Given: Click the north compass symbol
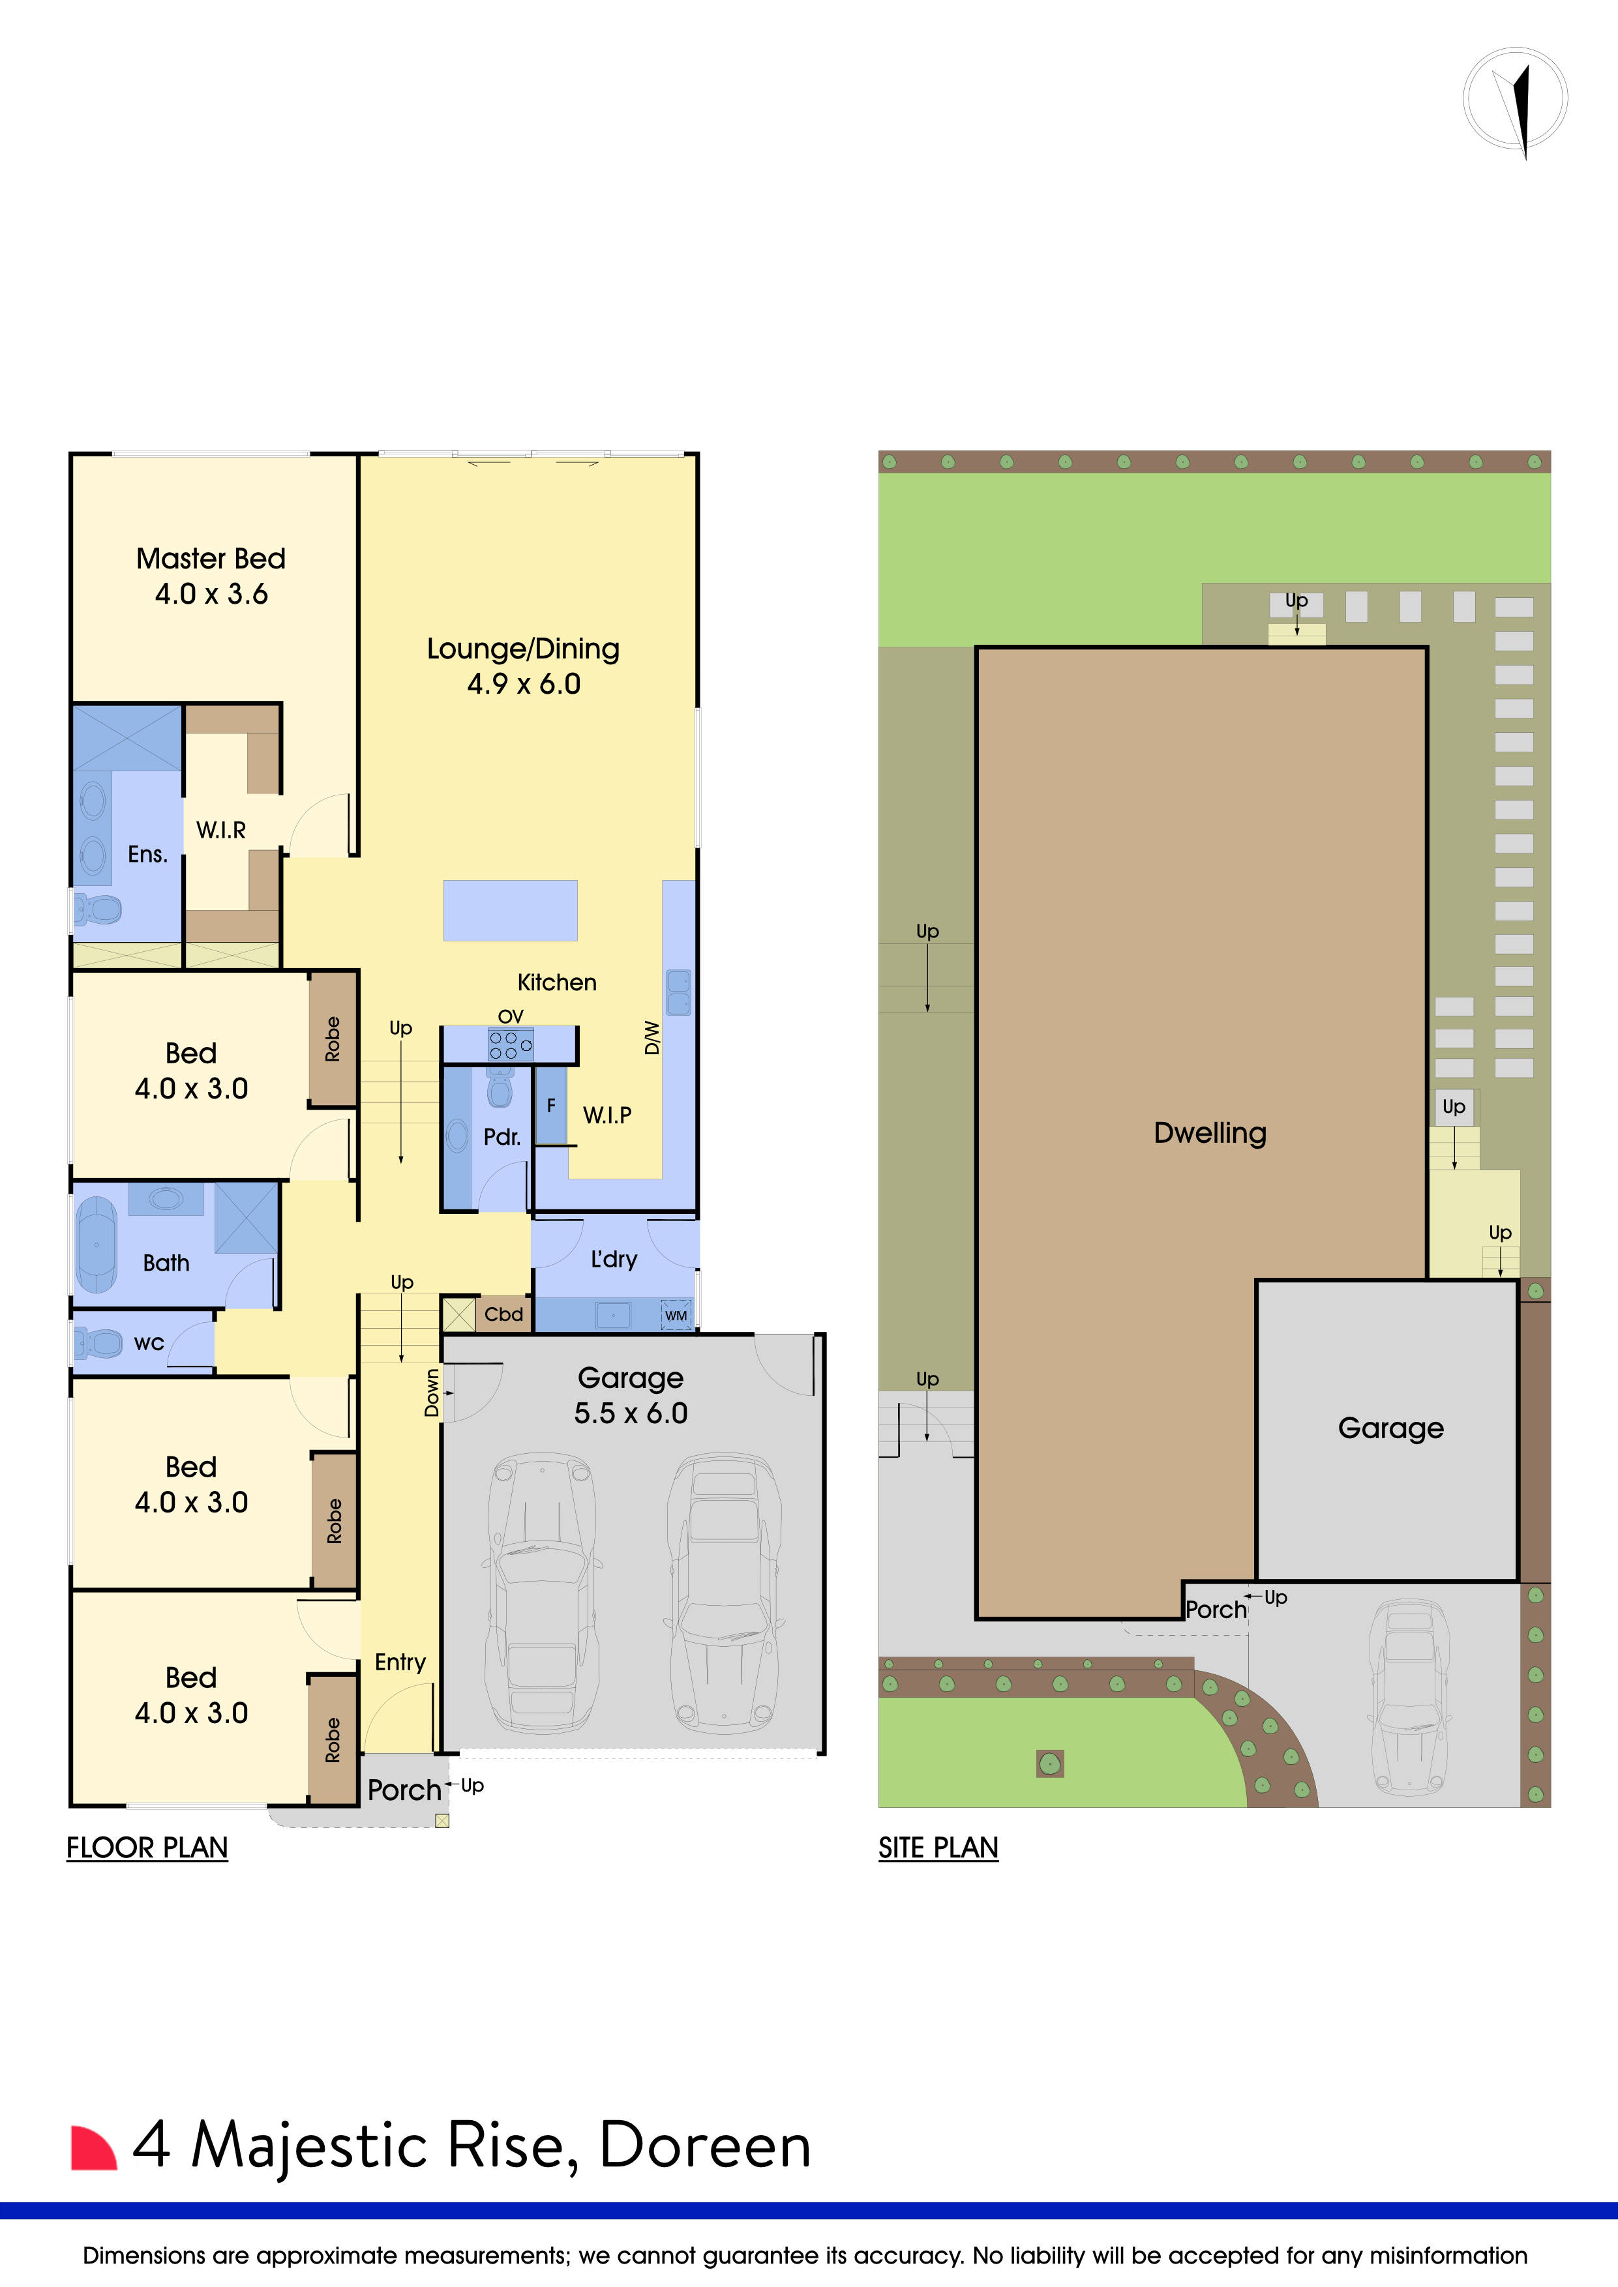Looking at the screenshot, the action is tap(1516, 100).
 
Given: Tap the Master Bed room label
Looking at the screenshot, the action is tap(211, 559).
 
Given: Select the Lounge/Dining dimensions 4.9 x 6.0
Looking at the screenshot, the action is tap(524, 685).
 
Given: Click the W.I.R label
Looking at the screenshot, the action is tap(221, 830).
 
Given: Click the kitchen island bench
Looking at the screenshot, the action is tap(510, 910).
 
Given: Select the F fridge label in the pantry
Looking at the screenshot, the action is tap(551, 1106).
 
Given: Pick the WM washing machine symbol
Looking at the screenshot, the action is tap(676, 1315).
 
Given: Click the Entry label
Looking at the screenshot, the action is tap(400, 1662).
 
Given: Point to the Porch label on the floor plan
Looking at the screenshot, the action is tap(404, 1791).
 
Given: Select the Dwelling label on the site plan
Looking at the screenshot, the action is tap(1210, 1134).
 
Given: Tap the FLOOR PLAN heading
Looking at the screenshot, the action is tap(147, 1849).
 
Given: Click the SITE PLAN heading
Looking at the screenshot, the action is tap(938, 1849).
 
